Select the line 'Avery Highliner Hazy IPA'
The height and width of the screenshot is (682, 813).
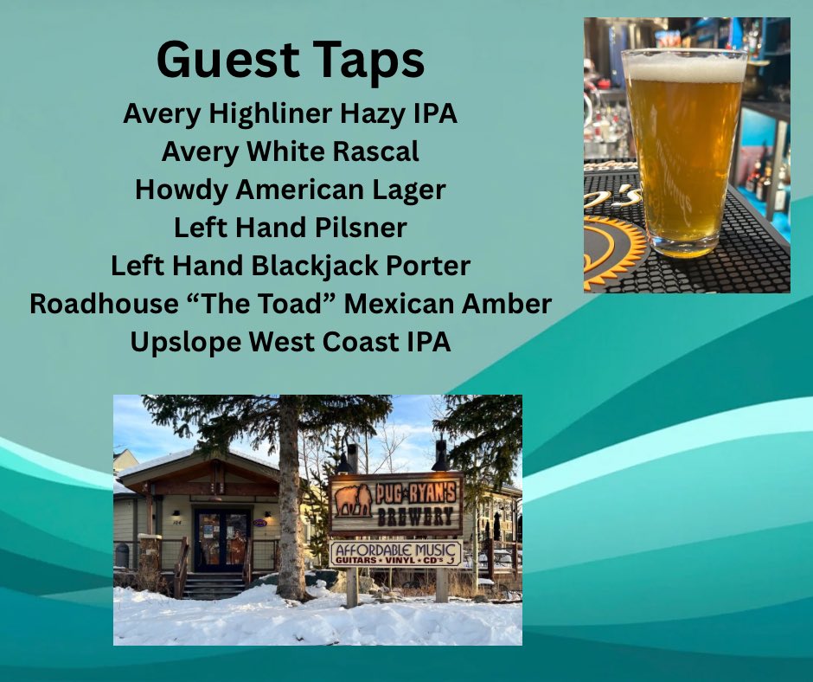[290, 113]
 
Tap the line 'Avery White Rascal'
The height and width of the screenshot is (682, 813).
[290, 151]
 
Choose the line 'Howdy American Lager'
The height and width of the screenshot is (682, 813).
[290, 190]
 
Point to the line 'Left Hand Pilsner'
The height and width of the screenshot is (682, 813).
[290, 228]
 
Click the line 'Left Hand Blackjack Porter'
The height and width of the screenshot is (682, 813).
[290, 266]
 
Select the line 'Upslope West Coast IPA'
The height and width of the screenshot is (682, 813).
[290, 342]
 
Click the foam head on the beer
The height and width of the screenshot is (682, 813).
[684, 67]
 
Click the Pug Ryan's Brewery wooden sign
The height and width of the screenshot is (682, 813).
[396, 504]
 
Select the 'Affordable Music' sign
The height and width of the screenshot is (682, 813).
[395, 554]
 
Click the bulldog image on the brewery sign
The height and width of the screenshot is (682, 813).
[352, 498]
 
